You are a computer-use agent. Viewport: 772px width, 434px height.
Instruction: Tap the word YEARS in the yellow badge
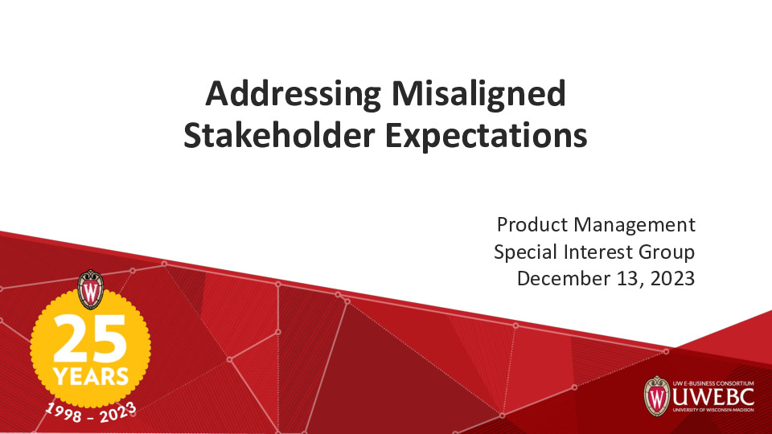[90, 375]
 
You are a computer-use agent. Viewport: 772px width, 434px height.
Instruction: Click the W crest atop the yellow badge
[90, 290]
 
